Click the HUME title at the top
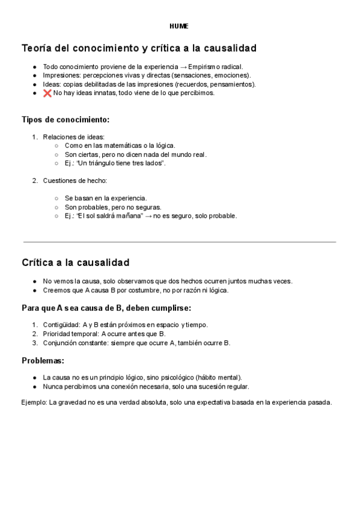[179, 26]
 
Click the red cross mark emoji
[47, 93]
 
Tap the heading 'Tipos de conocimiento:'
[66, 120]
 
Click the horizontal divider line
[179, 242]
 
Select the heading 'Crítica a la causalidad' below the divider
[76, 263]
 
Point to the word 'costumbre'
[132, 290]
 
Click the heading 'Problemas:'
[43, 361]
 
